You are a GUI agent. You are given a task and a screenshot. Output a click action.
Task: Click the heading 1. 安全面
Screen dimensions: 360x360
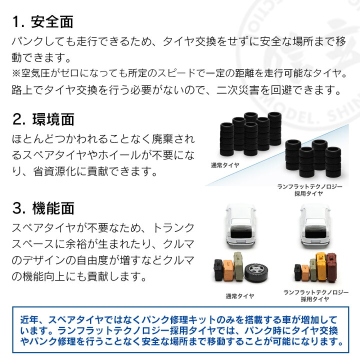pyautogui.click(x=42, y=22)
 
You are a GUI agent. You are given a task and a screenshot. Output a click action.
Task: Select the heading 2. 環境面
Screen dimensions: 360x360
pyautogui.click(x=43, y=119)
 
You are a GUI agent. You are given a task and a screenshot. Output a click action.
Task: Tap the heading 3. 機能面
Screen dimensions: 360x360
pyautogui.click(x=43, y=208)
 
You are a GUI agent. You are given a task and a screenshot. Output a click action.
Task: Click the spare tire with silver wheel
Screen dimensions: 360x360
pyautogui.click(x=256, y=273)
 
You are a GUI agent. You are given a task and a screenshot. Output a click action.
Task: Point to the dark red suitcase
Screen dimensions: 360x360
pyautogui.click(x=332, y=267)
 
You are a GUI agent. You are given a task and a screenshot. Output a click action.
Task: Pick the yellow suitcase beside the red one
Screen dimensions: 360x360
pyautogui.click(x=321, y=267)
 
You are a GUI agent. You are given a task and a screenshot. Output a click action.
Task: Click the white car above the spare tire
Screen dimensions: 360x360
pyautogui.click(x=240, y=226)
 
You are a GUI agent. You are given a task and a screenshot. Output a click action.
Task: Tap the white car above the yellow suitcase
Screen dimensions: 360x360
pyautogui.click(x=315, y=226)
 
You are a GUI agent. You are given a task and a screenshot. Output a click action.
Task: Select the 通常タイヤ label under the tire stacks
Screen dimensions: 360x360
pyautogui.click(x=225, y=165)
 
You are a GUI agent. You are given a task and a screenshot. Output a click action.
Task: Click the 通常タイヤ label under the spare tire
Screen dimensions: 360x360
pyautogui.click(x=239, y=296)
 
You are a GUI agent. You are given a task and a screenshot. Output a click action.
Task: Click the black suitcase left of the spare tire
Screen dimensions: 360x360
pyautogui.click(x=218, y=270)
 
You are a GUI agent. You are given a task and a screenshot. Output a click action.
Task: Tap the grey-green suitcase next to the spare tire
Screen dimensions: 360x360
pyautogui.click(x=239, y=266)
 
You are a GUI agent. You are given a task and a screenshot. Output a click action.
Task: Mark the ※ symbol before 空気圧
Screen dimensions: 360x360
pyautogui.click(x=16, y=73)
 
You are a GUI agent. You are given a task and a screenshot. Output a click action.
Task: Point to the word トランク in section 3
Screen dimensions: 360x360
pyautogui.click(x=173, y=228)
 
